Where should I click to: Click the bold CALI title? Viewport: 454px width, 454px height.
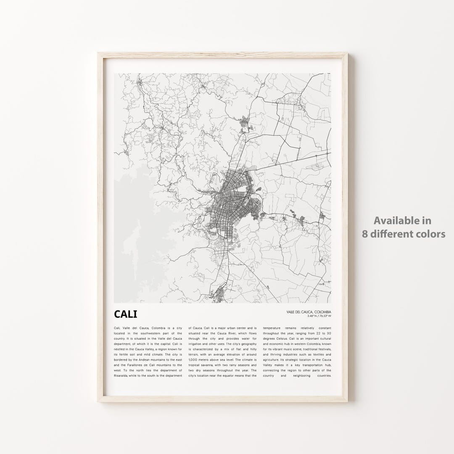tap(125, 314)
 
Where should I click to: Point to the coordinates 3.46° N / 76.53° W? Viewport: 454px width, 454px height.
tap(319, 316)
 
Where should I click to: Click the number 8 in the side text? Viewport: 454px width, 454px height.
tap(365, 234)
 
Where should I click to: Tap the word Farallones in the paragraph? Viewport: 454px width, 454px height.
tap(136, 365)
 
